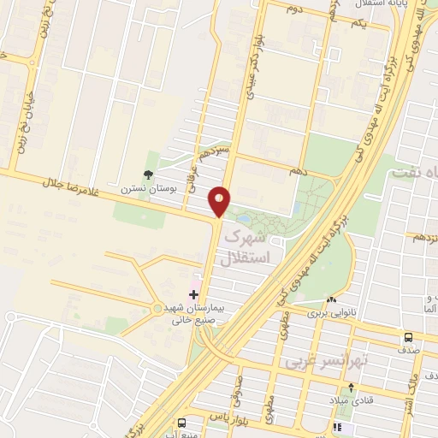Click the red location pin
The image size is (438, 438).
coord(221,200)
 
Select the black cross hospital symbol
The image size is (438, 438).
coord(193,294)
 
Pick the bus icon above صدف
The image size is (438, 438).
coord(408,337)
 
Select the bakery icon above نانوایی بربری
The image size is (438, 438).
coord(331,299)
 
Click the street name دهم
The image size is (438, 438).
coord(298,171)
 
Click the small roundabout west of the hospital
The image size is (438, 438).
coord(156,307)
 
